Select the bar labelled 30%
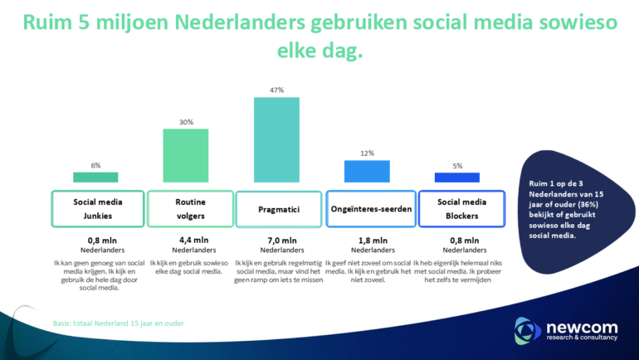pos(186,155)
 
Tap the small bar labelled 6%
pos(95,177)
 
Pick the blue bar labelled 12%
pos(367,171)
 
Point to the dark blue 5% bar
pos(457,177)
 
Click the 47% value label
pos(276,90)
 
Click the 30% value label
pos(186,122)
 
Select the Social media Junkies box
pos(97,208)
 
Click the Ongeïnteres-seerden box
pos(370,208)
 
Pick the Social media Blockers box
pos(461,208)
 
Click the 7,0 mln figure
pos(276,240)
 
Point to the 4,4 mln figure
pos(188,240)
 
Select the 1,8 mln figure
pos(368,240)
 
